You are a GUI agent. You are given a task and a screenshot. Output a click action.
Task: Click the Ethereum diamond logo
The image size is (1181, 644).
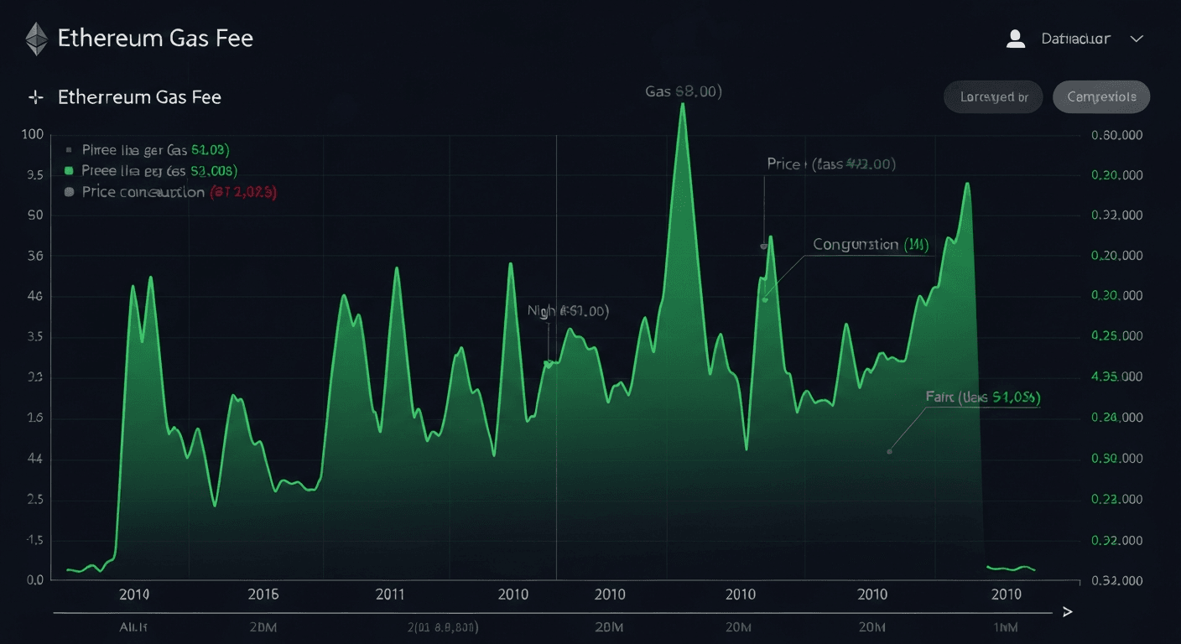pos(36,39)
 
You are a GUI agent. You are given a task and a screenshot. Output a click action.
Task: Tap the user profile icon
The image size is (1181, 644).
pos(1016,39)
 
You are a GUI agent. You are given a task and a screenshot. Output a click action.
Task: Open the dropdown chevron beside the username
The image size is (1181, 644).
pos(1137,39)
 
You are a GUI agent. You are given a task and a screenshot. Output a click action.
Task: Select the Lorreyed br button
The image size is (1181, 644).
pos(993,97)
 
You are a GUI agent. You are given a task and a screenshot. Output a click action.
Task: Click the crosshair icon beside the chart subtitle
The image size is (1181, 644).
pos(36,97)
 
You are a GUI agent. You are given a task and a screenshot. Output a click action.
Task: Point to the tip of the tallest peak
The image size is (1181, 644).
pos(683,104)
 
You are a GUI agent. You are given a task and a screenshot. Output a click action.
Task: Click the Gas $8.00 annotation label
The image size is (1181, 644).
pos(684,91)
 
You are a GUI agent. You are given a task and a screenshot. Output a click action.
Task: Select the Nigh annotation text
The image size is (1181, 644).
pos(567,311)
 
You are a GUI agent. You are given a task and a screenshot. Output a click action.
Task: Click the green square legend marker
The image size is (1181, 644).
pos(70,171)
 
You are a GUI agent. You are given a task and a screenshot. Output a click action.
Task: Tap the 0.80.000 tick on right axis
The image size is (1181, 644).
pos(1116,135)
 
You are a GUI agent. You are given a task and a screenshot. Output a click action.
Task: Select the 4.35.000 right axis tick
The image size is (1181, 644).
pos(1116,377)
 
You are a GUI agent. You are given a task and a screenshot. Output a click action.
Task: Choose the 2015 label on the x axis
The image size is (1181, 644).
pos(263,595)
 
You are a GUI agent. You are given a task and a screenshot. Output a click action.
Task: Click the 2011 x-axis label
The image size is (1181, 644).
pos(390,595)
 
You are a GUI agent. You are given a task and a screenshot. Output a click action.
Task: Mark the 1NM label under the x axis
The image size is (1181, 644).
pos(1006,627)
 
